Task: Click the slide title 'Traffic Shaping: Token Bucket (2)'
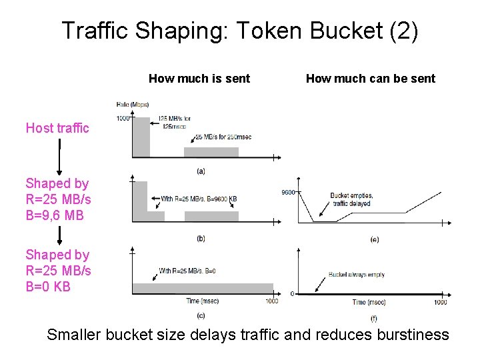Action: pos(239,31)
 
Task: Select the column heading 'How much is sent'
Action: pos(199,79)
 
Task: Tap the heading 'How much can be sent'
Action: pos(370,79)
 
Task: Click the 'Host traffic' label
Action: pos(57,128)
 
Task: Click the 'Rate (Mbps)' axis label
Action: pos(132,104)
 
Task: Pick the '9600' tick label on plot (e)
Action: pos(287,192)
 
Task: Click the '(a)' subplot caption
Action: pos(201,171)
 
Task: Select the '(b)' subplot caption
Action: pos(201,238)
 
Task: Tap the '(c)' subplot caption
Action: pos(201,315)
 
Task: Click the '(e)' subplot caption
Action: pos(373,239)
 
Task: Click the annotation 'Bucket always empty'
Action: pos(356,274)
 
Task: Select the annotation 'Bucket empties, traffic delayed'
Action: pos(351,199)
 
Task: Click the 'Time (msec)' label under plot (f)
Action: pos(369,302)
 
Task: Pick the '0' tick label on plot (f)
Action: pos(293,293)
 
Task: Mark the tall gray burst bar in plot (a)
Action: pos(141,137)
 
